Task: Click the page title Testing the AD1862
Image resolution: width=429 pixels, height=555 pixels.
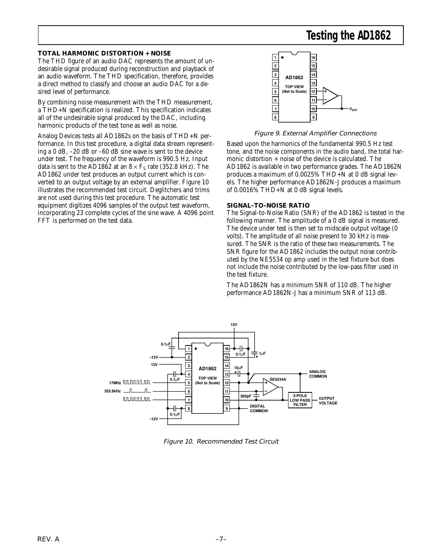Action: click(348, 36)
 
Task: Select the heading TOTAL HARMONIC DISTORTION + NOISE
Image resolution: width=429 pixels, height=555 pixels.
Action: click(104, 53)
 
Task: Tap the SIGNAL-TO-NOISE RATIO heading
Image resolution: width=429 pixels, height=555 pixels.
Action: click(268, 205)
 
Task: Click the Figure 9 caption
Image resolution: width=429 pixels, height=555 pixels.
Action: click(315, 134)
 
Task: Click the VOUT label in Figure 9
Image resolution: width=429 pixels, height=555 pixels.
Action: click(353, 109)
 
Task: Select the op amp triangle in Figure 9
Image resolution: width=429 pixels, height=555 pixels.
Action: click(330, 95)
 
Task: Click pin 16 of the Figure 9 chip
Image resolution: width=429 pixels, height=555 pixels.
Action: click(313, 58)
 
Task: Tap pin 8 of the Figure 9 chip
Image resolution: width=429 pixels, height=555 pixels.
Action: click(275, 117)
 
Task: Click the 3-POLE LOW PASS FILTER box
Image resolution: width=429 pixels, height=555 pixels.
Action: click(300, 400)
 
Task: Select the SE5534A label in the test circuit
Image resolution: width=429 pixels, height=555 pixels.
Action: click(278, 379)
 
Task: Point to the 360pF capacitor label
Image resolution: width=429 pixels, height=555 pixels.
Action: click(246, 396)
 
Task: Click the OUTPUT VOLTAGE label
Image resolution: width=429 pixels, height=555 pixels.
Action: click(328, 401)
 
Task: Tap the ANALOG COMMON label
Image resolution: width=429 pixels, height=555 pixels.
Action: click(318, 374)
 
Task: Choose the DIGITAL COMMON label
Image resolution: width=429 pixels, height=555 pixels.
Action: click(259, 408)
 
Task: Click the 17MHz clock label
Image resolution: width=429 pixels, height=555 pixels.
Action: click(115, 383)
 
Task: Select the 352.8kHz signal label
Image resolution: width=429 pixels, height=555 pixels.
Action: click(113, 391)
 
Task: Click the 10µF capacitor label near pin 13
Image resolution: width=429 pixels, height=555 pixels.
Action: click(238, 368)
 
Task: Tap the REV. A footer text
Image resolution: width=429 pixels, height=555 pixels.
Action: click(48, 539)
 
